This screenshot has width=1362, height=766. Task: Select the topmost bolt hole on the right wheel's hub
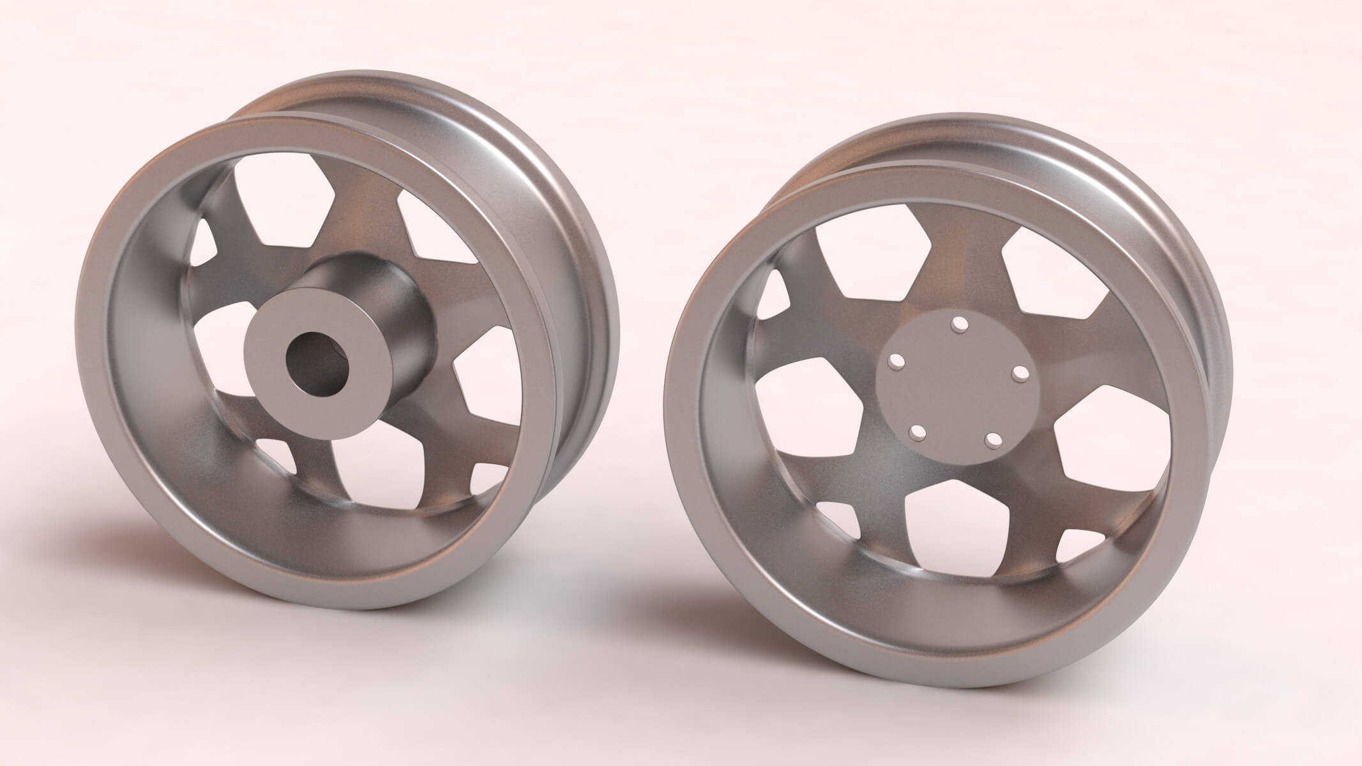tap(958, 326)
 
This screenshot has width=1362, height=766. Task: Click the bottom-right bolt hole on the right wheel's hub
tap(992, 440)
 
